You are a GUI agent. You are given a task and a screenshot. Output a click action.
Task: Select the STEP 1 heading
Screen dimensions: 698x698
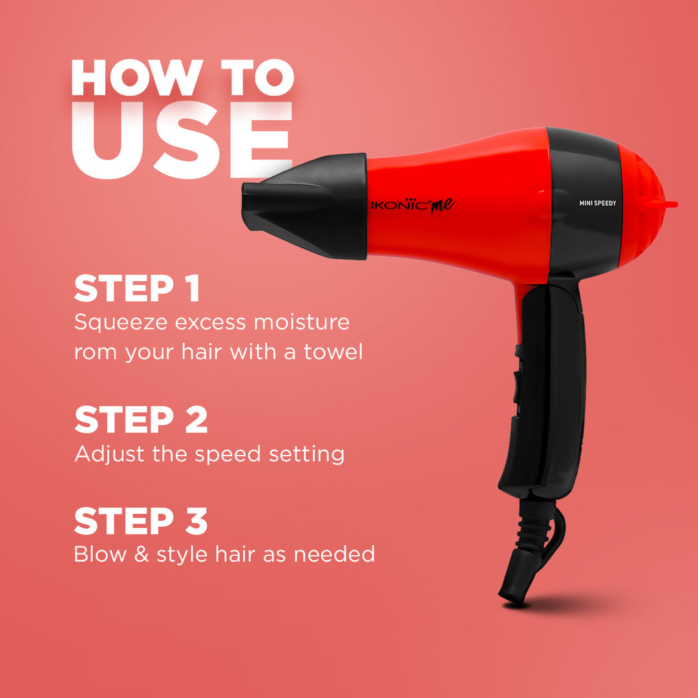coord(137,289)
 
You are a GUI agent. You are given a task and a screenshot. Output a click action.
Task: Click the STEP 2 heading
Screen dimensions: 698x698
coord(141,420)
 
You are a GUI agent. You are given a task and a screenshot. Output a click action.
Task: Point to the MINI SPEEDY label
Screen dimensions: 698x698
coord(598,203)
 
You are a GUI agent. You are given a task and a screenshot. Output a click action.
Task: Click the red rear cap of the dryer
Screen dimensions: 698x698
coord(643,200)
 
